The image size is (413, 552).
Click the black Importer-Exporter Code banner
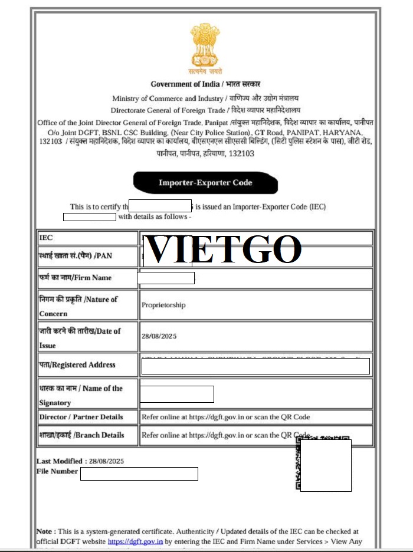(205, 183)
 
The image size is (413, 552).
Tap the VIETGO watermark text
(223, 249)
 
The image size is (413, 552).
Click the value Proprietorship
(163, 305)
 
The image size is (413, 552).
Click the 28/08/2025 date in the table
(159, 336)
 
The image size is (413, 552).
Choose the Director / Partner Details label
(81, 417)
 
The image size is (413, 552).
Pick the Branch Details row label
(81, 435)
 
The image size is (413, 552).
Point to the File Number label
(57, 471)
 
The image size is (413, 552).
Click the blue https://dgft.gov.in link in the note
(135, 541)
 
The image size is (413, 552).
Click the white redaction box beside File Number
(139, 474)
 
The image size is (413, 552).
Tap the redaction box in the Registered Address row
(255, 366)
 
